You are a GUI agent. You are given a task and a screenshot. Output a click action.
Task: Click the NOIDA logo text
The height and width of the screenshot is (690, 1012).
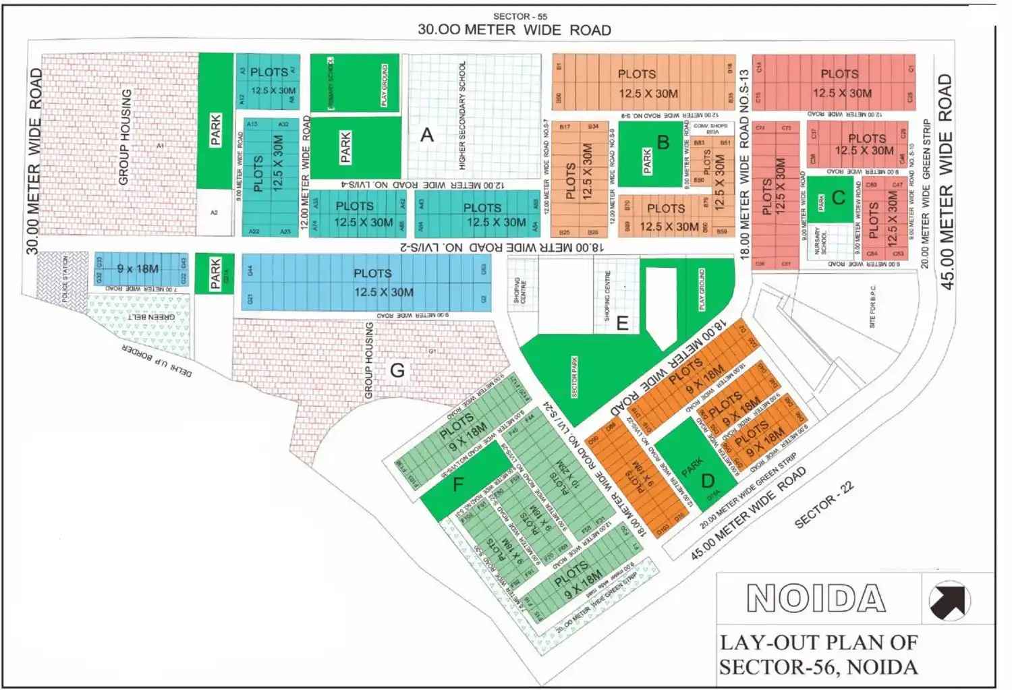[816, 598]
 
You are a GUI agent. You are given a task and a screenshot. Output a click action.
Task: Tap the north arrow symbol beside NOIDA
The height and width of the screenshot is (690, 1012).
[949, 600]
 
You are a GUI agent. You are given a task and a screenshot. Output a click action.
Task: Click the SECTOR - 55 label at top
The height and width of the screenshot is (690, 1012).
[519, 16]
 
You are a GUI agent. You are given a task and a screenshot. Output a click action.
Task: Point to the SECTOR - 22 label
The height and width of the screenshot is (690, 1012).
[824, 505]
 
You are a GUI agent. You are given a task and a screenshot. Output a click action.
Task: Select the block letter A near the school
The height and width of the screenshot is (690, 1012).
[426, 136]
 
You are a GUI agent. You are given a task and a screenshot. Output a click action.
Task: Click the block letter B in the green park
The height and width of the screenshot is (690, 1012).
[663, 142]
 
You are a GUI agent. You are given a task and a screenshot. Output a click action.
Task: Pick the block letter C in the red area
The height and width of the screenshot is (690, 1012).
[839, 198]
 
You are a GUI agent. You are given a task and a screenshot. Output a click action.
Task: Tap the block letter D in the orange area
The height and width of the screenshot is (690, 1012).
[708, 481]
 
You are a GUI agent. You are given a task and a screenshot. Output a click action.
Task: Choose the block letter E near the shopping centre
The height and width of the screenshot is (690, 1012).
[622, 324]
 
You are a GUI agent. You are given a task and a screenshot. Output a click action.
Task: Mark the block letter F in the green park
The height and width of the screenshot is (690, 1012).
[458, 484]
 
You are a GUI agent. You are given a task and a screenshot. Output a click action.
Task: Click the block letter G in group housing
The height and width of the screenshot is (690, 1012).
[397, 370]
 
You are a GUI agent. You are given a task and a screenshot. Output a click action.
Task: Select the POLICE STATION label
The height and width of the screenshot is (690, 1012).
[65, 279]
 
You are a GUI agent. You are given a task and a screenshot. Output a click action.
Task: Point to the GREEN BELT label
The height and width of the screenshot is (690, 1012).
[152, 316]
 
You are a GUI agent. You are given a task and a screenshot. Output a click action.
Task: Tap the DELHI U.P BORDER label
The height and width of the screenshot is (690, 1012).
[157, 361]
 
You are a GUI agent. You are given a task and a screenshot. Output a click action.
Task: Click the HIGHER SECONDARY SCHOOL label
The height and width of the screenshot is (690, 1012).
[462, 115]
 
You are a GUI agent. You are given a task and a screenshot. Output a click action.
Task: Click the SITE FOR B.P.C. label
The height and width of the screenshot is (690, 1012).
[872, 307]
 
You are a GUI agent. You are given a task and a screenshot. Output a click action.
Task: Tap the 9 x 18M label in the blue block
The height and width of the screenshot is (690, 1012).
[138, 269]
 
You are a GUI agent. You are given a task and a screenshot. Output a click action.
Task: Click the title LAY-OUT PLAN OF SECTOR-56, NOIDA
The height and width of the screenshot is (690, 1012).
[818, 654]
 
